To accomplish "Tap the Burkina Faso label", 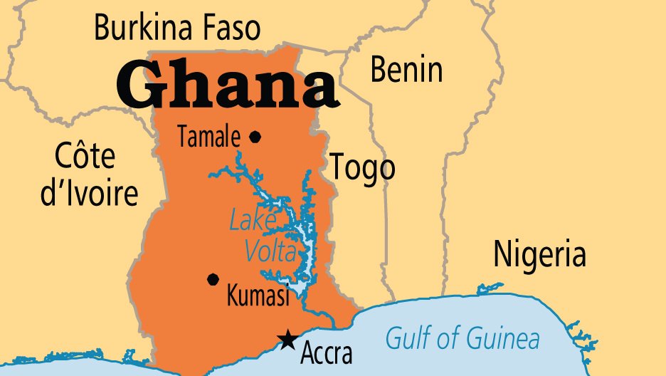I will click(177, 28).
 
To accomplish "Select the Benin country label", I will click(406, 70).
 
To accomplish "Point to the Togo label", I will click(361, 168).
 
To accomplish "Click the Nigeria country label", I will click(540, 254).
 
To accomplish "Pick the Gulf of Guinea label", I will click(462, 338).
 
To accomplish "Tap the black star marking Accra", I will click(287, 340).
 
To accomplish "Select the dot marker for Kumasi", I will click(212, 279).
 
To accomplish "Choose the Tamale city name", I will click(208, 137).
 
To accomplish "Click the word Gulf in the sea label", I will click(406, 338).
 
